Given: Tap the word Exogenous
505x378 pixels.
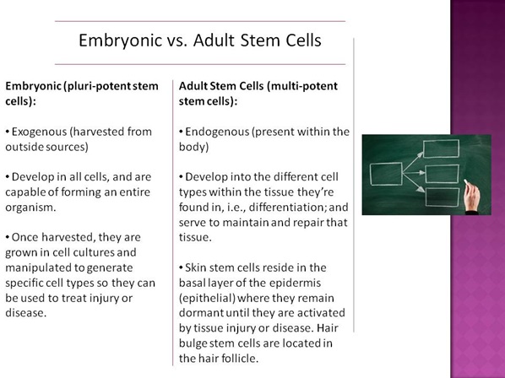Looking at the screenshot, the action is (40, 132).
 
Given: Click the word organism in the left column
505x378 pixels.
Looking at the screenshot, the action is (30, 208).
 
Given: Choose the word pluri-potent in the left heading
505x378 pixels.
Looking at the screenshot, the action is (96, 86).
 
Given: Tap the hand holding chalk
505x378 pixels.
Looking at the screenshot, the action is (472, 197).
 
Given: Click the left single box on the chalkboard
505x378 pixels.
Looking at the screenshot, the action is (386, 174).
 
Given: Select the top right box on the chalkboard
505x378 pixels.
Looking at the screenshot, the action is (441, 148).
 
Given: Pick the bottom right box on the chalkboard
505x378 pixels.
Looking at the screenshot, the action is (443, 197).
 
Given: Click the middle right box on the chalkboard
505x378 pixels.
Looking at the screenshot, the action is (442, 174).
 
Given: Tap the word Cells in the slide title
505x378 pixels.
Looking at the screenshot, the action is (303, 40).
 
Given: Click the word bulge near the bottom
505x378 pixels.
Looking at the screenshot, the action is (193, 343).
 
